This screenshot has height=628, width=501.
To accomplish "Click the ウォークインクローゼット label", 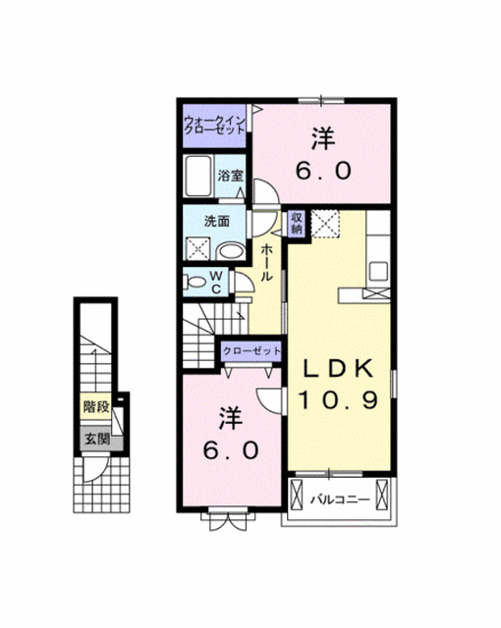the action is point(214,125).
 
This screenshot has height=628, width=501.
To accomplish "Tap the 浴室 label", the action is point(231,176).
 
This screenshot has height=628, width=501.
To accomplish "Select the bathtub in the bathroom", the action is point(197,176).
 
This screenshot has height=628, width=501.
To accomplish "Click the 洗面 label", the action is point(217,221).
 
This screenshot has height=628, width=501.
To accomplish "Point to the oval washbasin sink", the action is point(231,252).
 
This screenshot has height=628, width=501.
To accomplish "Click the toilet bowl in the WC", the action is point(195,282).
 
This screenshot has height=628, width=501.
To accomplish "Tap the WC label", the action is point(216,282).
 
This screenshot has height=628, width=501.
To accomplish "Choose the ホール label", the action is point(267,262).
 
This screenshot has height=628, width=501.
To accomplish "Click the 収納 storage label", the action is point(297,224).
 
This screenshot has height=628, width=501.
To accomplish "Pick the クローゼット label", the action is point(251,351).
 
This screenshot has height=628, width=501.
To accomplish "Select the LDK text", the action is point(338,368).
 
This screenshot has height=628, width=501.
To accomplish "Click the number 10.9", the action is point(338,399).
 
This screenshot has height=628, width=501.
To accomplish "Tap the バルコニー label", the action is point(340,499).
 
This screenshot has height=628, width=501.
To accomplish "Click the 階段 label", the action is point(96,406).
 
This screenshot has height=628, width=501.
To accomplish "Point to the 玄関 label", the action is point(96,439).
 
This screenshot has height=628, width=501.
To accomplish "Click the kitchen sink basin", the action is point(378,271).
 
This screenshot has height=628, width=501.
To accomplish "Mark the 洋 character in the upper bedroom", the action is point(324,138).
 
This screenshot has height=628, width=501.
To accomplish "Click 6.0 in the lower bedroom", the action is point(231,450).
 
